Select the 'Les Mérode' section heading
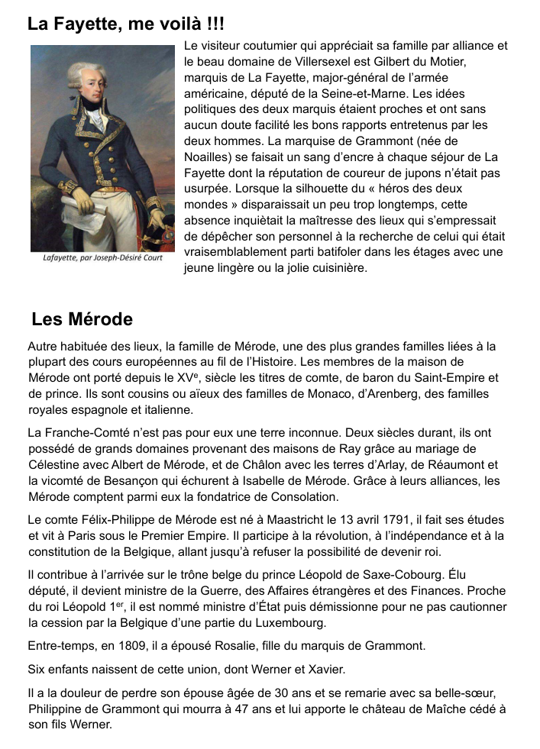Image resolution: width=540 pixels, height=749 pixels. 82,319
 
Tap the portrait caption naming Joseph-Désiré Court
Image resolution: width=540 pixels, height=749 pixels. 102,257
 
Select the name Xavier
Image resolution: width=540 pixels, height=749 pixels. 324,670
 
